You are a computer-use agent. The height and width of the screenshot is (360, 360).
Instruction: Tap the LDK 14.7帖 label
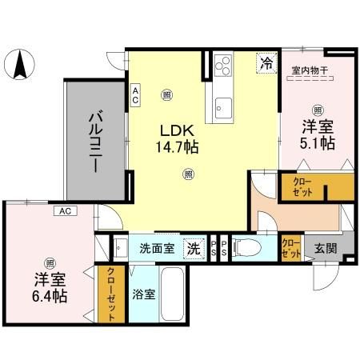(x=177, y=138)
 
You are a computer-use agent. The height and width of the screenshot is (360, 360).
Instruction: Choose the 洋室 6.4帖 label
(x=50, y=287)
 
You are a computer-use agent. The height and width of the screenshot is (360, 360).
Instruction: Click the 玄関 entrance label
(x=325, y=248)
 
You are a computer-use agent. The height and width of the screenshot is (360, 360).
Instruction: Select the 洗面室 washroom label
(x=157, y=248)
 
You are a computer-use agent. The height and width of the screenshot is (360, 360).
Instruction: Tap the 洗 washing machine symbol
(x=194, y=249)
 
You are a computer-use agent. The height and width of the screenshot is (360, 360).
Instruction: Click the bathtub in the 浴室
(x=174, y=294)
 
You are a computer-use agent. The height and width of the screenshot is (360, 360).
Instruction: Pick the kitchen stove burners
(x=221, y=64)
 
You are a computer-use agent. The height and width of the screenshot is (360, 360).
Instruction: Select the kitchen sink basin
(x=221, y=105)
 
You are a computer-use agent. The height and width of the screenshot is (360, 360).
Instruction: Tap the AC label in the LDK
(x=136, y=96)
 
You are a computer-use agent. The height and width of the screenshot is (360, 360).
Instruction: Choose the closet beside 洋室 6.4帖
(x=111, y=293)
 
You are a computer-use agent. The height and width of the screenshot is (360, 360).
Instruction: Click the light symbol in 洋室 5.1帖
(x=318, y=110)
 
